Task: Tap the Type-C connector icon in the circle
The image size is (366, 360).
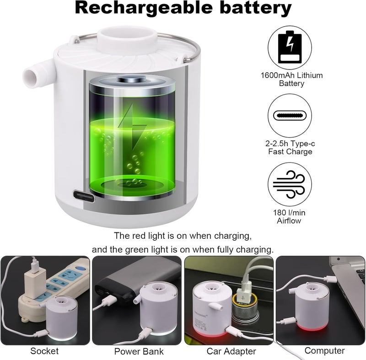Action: click(290, 116)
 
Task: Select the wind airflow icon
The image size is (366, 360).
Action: click(290, 184)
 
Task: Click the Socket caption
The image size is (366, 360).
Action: click(45, 351)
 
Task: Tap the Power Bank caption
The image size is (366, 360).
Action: click(139, 351)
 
